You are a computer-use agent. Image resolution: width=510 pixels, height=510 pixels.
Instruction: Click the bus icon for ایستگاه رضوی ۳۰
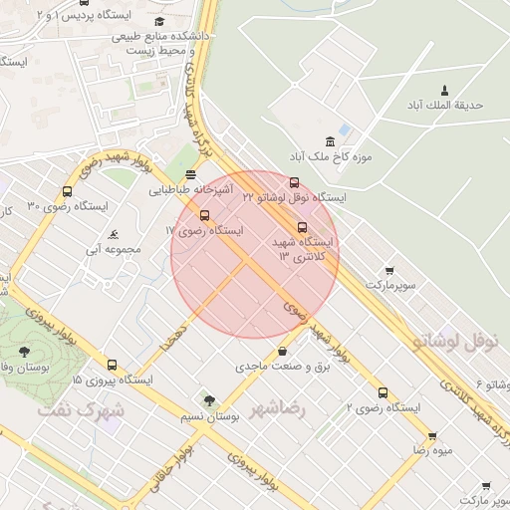coord(68,192)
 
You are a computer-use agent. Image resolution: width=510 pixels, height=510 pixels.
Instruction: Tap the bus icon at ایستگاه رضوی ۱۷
coord(205,215)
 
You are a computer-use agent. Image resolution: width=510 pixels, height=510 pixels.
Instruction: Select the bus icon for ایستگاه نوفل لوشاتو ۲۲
coord(294,183)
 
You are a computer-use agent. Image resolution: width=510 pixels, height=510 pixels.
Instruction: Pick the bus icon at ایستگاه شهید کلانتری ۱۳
coord(303,227)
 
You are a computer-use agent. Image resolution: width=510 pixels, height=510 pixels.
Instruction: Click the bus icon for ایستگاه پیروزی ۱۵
coord(112,365)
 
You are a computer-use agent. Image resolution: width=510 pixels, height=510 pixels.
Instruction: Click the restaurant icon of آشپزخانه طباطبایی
coord(191,174)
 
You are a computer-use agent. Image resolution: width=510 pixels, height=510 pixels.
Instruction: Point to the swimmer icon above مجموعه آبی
coord(115,235)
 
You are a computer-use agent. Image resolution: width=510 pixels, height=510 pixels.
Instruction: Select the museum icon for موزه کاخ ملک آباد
coord(330,142)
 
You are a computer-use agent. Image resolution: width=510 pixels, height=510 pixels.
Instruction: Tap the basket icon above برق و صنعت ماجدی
coord(283,351)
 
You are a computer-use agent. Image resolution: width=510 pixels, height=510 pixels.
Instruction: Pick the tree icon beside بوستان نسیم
coord(209,400)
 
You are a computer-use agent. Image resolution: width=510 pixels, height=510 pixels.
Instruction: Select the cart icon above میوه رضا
coord(432,436)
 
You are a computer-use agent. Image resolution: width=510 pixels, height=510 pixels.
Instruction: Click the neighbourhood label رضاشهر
coord(280,408)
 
